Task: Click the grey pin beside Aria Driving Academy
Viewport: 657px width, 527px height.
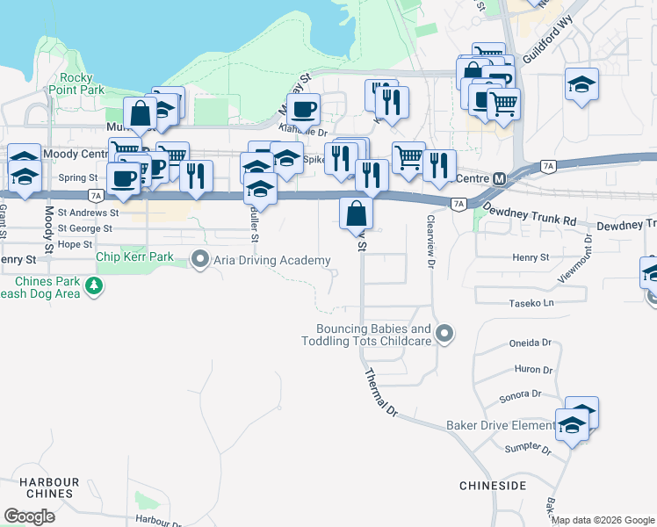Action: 199,259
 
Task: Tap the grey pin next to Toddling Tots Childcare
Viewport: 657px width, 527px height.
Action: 445,333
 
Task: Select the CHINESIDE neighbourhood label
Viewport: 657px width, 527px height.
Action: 492,485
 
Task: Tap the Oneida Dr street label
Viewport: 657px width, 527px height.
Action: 530,343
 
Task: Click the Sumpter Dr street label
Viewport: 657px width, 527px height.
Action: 527,450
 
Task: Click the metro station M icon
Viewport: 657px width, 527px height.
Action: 500,178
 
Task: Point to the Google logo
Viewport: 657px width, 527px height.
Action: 30,516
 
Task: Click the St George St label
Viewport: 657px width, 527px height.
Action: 84,228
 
